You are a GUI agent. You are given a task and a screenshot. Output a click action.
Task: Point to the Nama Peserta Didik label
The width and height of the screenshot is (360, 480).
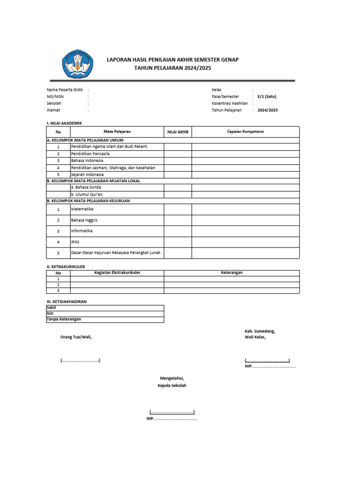click(65, 90)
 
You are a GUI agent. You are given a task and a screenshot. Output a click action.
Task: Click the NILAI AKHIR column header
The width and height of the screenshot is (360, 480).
click(178, 132)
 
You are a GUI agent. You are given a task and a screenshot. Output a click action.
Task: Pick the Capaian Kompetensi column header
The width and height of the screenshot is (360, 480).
click(245, 132)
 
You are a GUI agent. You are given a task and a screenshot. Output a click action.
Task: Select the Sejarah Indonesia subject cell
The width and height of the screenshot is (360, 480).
click(87, 174)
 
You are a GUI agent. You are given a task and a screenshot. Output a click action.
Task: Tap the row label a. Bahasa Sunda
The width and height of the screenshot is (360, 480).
click(86, 187)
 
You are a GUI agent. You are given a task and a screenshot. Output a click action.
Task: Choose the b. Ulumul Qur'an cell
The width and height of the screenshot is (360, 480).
click(88, 194)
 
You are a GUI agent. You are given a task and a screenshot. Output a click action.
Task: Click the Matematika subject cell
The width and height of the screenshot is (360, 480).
click(82, 209)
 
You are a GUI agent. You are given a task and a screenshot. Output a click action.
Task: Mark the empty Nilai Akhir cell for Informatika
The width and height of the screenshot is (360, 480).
click(178, 231)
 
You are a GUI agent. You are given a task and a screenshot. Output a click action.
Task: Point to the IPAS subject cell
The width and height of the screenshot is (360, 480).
click(75, 242)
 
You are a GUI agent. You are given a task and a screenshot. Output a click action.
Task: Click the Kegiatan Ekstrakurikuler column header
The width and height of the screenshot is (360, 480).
click(117, 272)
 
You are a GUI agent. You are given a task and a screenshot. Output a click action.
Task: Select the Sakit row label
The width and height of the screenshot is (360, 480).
click(51, 307)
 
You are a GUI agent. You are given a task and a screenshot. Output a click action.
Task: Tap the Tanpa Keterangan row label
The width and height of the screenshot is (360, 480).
click(64, 319)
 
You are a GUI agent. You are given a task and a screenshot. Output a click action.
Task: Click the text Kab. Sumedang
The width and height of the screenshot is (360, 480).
click(260, 331)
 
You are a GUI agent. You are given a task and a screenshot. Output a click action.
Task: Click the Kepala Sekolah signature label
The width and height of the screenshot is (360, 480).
click(172, 385)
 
